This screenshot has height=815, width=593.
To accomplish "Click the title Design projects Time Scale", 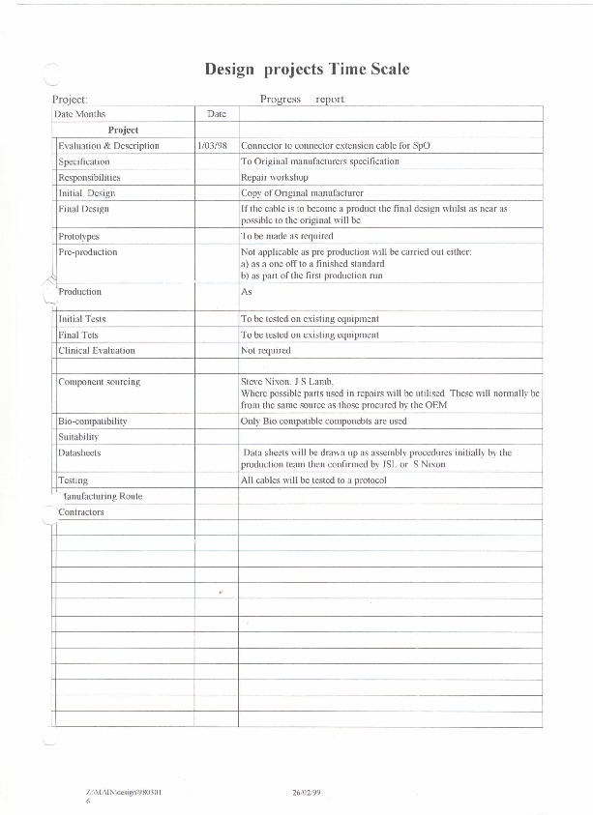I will tap(307, 70).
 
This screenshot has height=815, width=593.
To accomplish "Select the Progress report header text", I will tap(302, 99).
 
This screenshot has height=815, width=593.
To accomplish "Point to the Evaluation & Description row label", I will tap(108, 146).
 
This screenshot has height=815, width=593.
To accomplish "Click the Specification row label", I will tap(84, 161).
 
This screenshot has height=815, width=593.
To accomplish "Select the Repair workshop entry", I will tap(274, 178).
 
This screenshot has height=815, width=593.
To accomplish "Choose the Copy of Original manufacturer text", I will tap(301, 193).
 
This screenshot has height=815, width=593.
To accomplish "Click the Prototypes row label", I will tap(79, 236).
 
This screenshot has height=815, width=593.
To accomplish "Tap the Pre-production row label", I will tap(88, 252).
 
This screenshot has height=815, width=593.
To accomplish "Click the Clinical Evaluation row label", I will tap(97, 350).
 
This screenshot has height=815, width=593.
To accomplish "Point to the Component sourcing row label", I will tap(100, 382).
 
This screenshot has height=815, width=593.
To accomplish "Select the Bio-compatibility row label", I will tap(93, 422).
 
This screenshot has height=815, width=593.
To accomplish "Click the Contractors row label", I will tap(81, 511).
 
